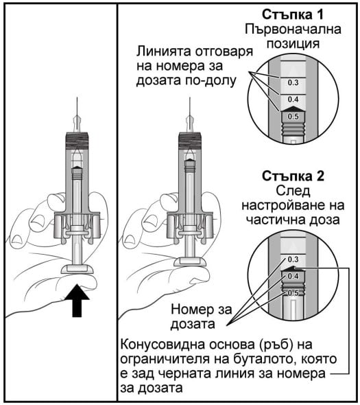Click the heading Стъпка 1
[292, 14]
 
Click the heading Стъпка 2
[293, 176]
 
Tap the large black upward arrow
[77, 300]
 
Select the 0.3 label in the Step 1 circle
[293, 82]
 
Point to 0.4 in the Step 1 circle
[293, 100]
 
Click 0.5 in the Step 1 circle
[293, 117]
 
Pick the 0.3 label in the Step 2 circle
[293, 259]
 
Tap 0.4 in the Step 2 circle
[293, 277]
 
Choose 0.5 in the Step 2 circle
[293, 293]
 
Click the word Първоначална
[293, 30]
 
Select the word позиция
[293, 44]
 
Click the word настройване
[280, 206]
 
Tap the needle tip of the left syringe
[77, 97]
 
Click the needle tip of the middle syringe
[190, 97]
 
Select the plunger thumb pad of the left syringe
[77, 269]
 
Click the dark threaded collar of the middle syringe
[190, 141]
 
